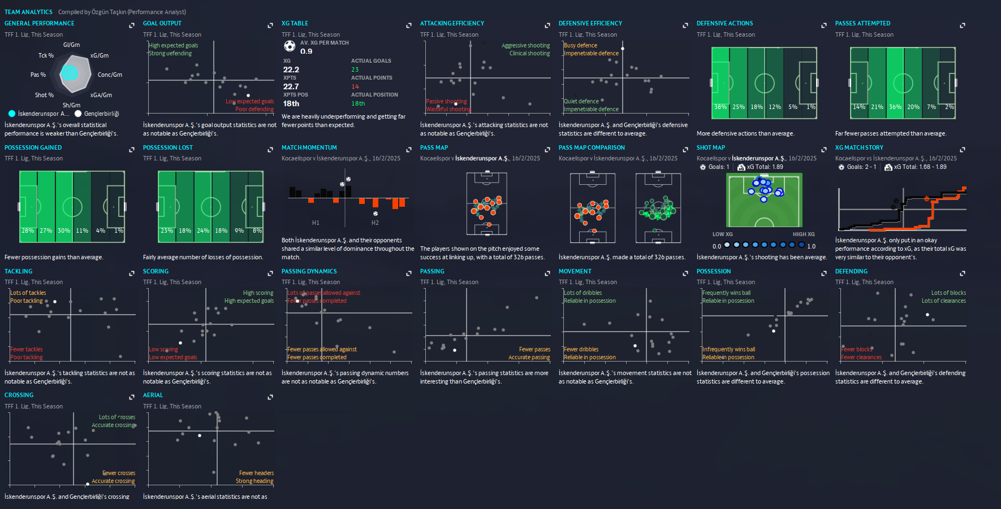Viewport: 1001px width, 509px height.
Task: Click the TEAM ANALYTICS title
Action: [28, 12]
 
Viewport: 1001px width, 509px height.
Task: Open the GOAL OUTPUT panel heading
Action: [162, 23]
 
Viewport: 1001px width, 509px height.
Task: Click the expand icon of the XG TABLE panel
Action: [408, 25]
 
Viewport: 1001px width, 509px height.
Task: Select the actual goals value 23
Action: [355, 69]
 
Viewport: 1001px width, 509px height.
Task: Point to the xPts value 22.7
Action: [291, 86]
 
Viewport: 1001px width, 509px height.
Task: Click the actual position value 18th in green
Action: [358, 103]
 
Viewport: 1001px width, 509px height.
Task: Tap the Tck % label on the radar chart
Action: [46, 55]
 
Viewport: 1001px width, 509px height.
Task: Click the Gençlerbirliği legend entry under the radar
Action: [101, 114]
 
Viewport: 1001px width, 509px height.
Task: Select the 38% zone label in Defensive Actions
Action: [720, 107]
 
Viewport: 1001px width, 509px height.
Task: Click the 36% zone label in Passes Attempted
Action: [895, 107]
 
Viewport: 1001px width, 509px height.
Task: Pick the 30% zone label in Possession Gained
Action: [64, 230]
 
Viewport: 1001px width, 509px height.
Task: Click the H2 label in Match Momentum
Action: [375, 223]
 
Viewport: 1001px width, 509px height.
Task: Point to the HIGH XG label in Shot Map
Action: [804, 234]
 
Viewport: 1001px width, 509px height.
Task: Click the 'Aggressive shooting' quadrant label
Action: [525, 45]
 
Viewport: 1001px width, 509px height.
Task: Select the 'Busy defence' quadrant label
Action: [580, 45]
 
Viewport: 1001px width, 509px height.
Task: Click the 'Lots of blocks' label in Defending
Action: [948, 293]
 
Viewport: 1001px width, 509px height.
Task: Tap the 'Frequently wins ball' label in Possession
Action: [727, 293]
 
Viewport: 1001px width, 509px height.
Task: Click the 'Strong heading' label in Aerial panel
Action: [254, 481]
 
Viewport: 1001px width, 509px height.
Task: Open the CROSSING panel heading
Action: [19, 395]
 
